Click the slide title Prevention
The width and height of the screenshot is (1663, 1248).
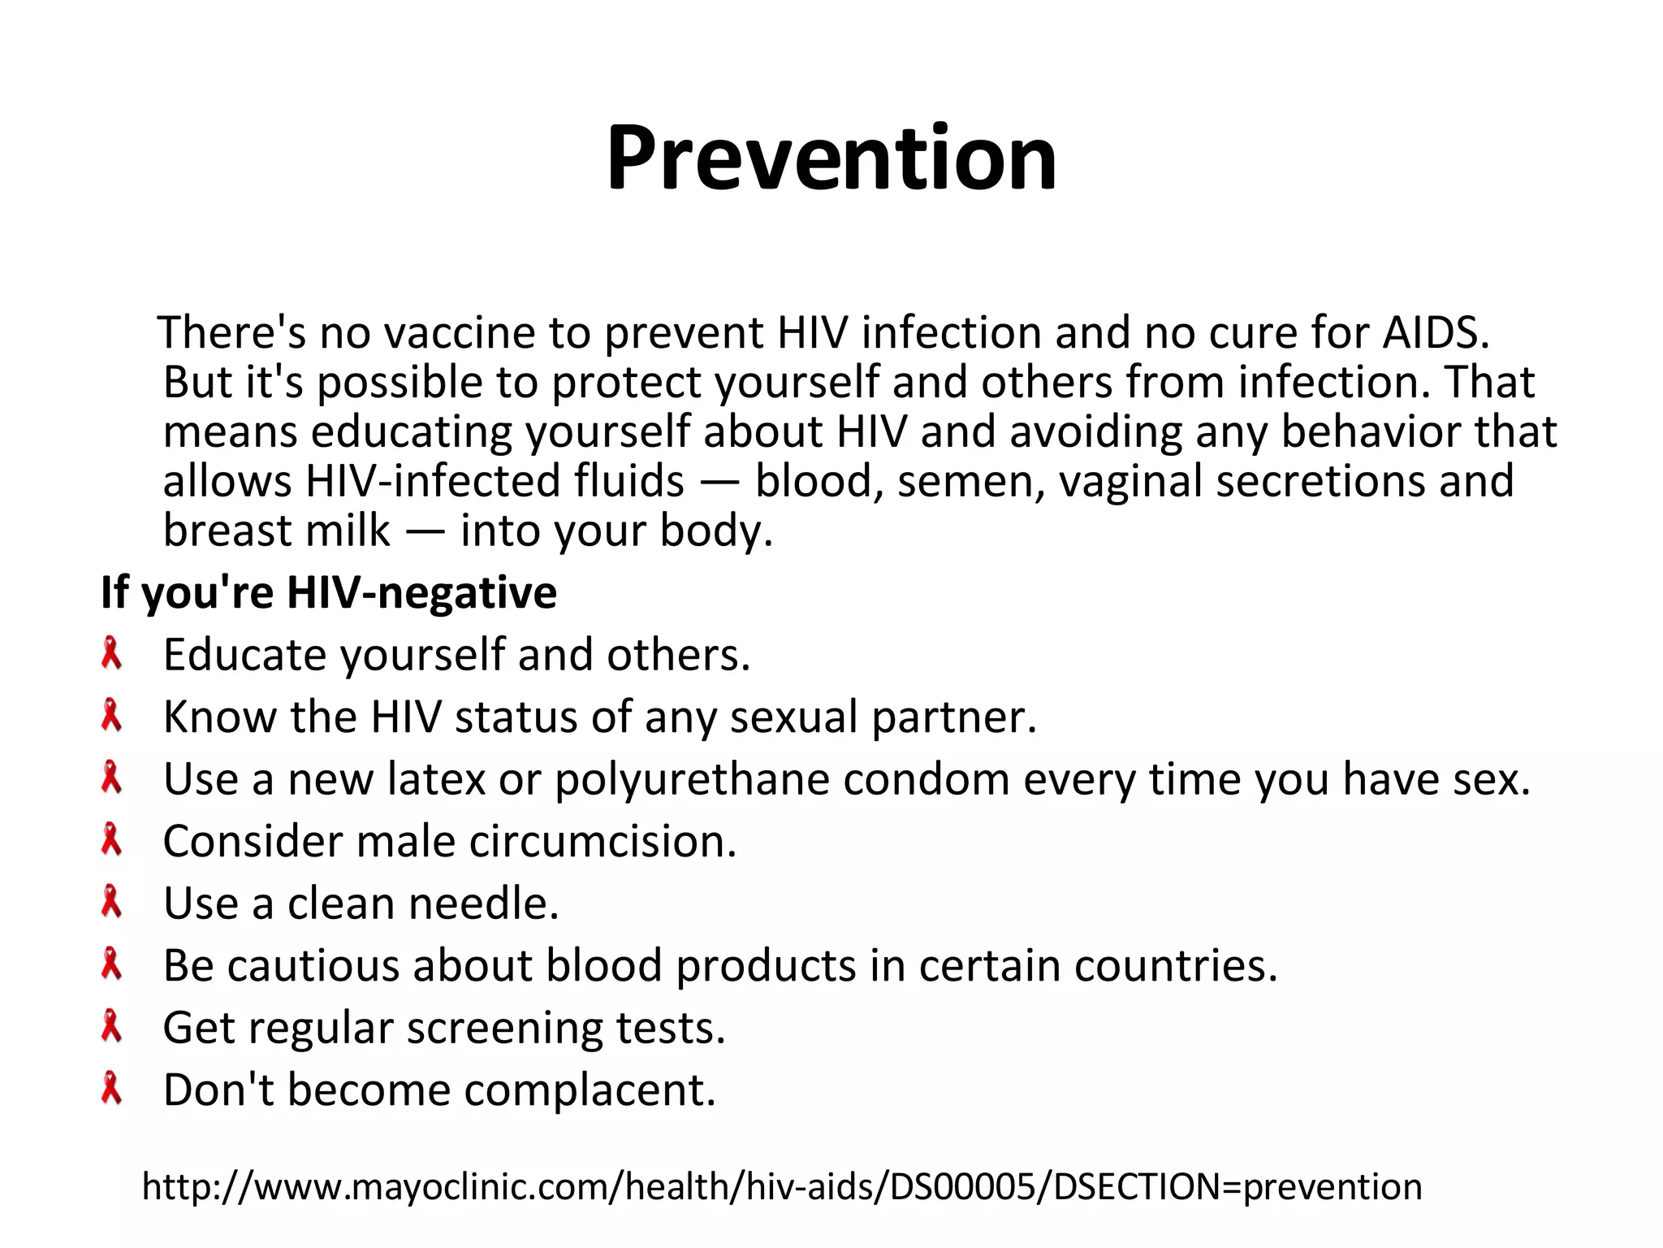pos(831,158)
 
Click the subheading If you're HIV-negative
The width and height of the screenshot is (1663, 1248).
pos(328,591)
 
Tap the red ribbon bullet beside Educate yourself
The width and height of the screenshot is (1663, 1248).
pos(111,654)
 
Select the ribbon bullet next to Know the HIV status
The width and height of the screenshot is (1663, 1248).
pos(111,717)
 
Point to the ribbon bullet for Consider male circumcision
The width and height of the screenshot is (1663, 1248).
pos(111,840)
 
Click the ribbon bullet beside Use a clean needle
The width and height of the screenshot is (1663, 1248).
pos(111,903)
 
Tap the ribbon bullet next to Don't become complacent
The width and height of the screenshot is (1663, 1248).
pos(111,1089)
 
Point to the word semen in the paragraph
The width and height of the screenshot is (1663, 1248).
pos(971,481)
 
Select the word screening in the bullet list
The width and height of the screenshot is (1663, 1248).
pos(504,1029)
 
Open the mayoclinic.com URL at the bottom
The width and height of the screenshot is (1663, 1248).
pos(782,1187)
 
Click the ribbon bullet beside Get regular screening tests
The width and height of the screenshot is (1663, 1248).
pos(111,1027)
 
